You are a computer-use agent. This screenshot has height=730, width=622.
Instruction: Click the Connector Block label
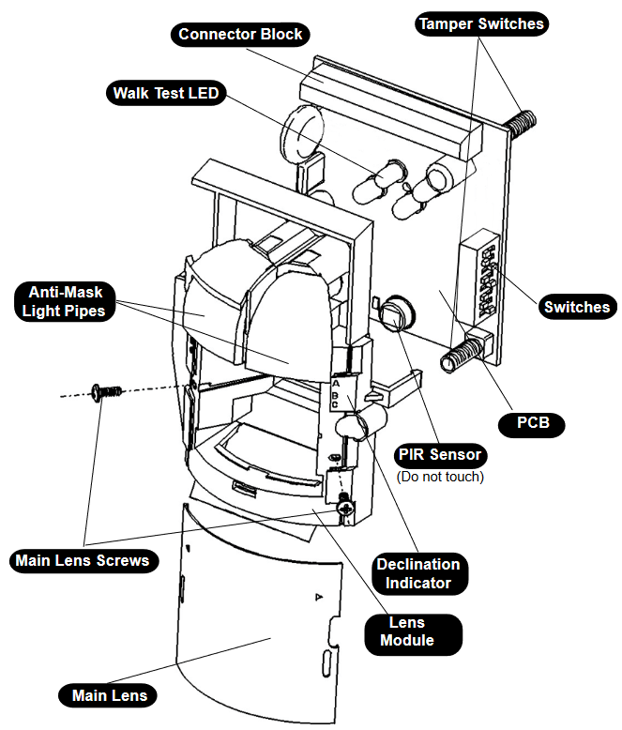coord(240,35)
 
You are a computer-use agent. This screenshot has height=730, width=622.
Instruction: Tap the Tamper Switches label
coord(480,23)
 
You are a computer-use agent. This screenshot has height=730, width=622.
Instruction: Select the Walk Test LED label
coord(165,93)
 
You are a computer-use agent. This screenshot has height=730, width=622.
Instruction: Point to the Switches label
coord(576,307)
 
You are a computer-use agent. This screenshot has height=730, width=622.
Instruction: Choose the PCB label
coord(540,423)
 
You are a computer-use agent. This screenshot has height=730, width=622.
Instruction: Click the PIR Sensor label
coord(439,455)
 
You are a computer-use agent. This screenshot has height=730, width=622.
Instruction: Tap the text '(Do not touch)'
coord(440,477)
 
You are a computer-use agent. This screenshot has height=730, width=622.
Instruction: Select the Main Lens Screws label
coord(82,561)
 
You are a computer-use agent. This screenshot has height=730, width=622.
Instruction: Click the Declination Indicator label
coord(417,573)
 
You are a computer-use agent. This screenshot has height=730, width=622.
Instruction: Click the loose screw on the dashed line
coord(102,391)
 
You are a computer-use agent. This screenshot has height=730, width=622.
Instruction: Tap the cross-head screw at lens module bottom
coord(347,508)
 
